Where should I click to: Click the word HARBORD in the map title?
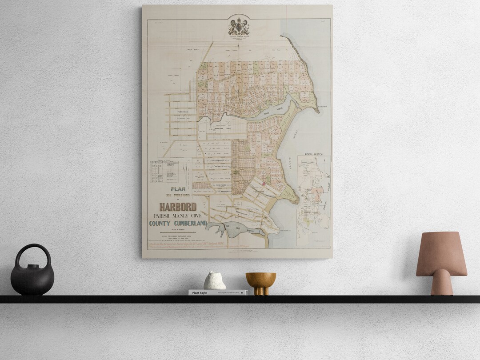tap(178, 207)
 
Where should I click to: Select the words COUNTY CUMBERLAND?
tap(178, 223)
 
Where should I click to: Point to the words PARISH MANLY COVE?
tap(178, 216)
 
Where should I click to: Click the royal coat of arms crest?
tap(239, 26)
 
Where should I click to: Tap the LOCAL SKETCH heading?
tap(314, 154)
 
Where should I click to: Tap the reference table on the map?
tap(164, 172)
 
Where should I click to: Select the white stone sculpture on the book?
tap(215, 281)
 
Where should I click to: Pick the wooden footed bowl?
tap(261, 281)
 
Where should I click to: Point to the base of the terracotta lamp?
tap(441, 284)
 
